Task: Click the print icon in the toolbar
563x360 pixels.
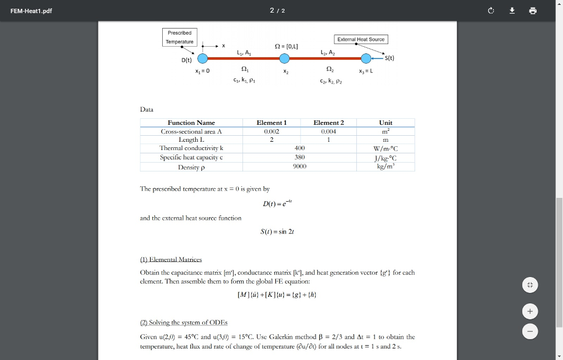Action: point(532,10)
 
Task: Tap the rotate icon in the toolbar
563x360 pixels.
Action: point(491,10)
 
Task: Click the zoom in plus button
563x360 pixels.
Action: point(529,312)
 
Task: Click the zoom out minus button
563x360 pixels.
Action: point(529,332)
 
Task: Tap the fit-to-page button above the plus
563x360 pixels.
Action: point(529,285)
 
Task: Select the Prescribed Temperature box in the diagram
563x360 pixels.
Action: point(180,37)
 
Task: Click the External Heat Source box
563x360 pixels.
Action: point(361,40)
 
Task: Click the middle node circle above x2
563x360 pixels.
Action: point(285,58)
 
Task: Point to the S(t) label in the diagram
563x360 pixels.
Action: point(389,58)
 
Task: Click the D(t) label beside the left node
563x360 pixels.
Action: point(187,60)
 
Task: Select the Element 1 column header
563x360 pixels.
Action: point(272,123)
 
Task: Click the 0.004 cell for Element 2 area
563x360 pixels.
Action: point(328,131)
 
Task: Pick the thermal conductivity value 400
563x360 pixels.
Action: point(300,148)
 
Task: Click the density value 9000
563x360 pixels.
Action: point(300,166)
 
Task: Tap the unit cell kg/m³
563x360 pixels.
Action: point(385,166)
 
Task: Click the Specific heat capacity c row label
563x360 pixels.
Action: point(191,157)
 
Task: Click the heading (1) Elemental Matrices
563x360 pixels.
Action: point(171,259)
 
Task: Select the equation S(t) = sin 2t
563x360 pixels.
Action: point(277,231)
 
